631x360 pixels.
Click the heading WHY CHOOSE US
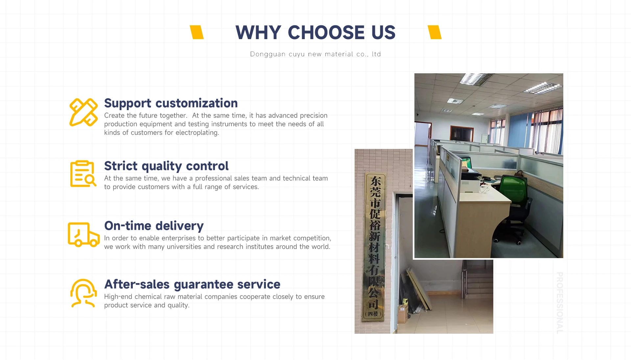tap(315, 32)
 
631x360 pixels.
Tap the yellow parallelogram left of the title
tap(197, 32)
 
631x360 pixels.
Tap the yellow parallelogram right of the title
tap(434, 32)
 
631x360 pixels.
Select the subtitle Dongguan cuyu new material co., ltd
tap(315, 54)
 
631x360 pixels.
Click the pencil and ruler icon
tap(83, 112)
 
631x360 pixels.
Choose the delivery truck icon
tap(83, 234)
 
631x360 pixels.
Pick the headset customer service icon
tap(83, 293)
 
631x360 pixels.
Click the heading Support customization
tap(171, 103)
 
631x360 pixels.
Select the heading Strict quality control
tap(166, 166)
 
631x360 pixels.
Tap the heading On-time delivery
tap(154, 226)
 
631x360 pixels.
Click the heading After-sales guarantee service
tap(192, 284)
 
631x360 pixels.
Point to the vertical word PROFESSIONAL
tap(560, 303)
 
